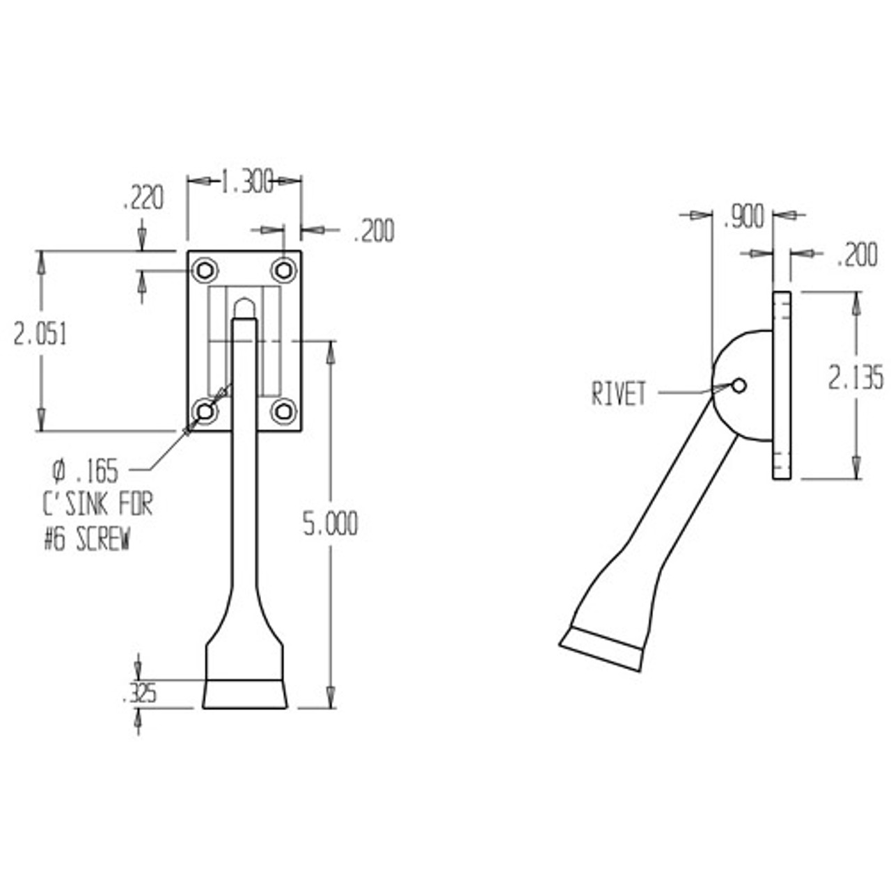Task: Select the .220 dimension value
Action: point(142,198)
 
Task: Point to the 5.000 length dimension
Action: point(330,523)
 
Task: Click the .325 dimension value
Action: point(139,693)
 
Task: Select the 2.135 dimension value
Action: point(855,378)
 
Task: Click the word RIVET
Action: point(619,394)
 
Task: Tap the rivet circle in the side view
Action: point(739,385)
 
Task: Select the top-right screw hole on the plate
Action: point(283,269)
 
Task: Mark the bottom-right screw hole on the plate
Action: point(283,412)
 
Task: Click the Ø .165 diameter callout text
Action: point(86,471)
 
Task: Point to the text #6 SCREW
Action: point(86,541)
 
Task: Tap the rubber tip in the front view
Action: point(244,695)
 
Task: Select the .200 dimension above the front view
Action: point(373,231)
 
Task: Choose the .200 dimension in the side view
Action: point(856,255)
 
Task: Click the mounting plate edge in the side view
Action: point(782,386)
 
